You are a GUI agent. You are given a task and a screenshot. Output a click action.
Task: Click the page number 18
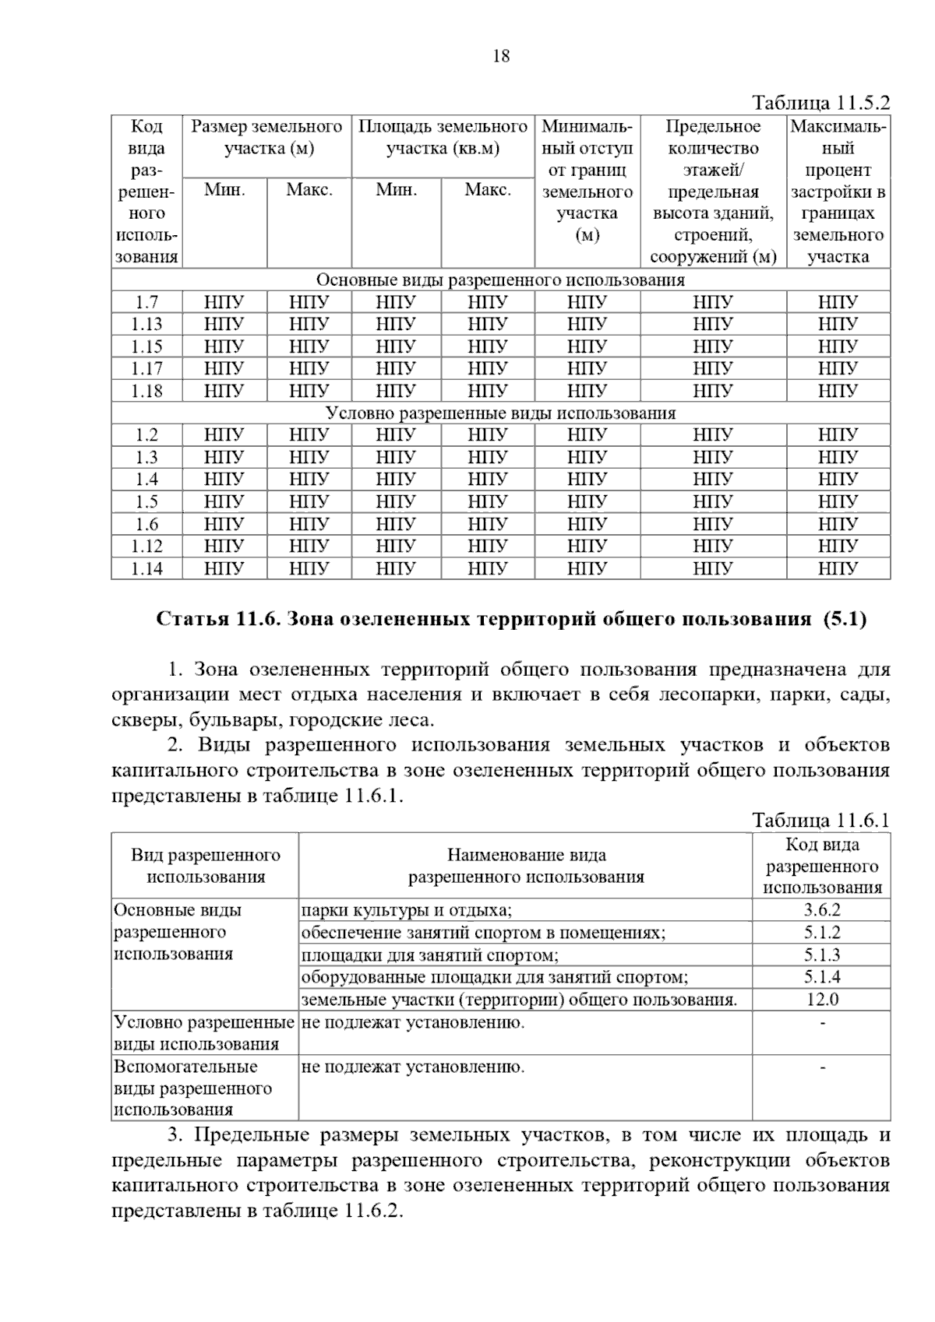pos(501,56)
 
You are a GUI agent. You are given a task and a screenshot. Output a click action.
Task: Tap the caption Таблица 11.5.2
pos(820,103)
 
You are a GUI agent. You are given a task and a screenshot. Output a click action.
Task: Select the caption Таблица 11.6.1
pos(820,820)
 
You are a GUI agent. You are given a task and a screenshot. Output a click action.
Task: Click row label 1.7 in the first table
pos(146,302)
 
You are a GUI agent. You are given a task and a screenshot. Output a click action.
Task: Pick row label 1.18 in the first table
pos(146,391)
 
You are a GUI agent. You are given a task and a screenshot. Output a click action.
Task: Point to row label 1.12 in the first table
pos(146,546)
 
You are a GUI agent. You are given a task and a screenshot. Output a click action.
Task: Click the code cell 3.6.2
pos(822,909)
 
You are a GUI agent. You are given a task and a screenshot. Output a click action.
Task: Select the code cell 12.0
pos(822,999)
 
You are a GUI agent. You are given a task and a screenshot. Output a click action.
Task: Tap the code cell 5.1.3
pos(822,955)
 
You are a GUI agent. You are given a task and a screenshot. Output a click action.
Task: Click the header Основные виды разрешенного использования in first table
pos(500,280)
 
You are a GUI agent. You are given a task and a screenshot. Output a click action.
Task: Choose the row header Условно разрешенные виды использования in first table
pos(500,413)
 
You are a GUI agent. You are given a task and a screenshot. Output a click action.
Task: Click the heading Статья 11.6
pos(511,620)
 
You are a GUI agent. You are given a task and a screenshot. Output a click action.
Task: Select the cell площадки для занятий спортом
pos(429,955)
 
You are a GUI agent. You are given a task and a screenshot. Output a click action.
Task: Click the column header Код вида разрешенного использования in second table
pos(822,866)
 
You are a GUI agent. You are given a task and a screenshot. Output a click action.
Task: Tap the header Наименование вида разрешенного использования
pos(526,866)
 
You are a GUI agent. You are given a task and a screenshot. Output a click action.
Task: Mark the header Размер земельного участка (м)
pos(266,137)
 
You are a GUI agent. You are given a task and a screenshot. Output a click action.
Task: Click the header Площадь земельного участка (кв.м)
pos(443,137)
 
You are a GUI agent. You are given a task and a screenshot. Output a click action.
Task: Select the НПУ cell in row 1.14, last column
pos(838,568)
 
